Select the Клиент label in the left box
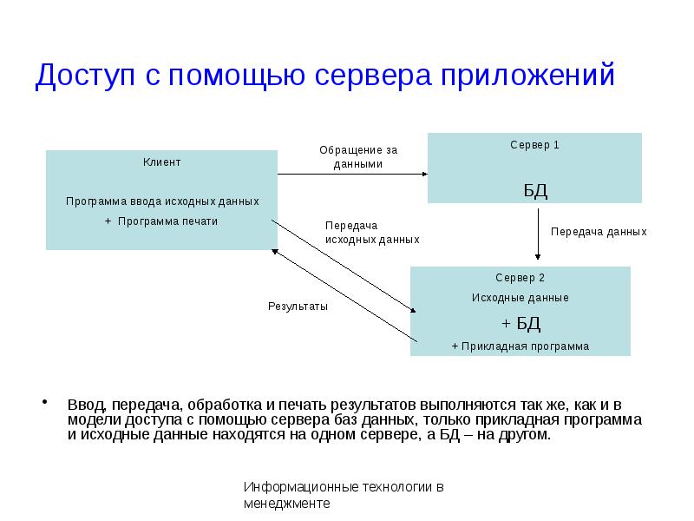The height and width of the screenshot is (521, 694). coord(162,162)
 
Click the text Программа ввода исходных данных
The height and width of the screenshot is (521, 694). coord(162,201)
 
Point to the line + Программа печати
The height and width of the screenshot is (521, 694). coord(161,221)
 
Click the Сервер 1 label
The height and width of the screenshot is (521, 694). coord(534,145)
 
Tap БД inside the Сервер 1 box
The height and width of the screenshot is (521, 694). coord(535,190)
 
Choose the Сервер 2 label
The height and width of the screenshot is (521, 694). coord(520,278)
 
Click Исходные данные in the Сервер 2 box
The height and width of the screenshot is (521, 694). coord(520,298)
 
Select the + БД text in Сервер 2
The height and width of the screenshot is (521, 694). coord(520,324)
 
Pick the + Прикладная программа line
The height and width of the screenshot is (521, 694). coord(520,346)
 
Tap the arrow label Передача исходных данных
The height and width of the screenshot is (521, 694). coord(372,232)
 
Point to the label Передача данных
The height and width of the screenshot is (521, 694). coord(599,232)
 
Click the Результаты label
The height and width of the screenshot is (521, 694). coord(298,307)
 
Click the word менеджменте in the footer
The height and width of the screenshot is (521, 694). coord(287,503)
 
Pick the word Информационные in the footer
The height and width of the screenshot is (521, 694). coord(291,487)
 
